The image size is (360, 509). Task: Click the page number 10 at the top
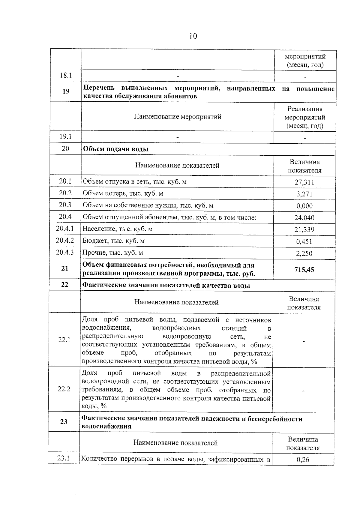coord(193,36)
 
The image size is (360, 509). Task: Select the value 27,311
coord(304,182)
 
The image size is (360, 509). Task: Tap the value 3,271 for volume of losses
coord(304,194)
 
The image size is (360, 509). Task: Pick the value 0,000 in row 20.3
coord(304,206)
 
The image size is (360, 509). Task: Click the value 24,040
coord(304,218)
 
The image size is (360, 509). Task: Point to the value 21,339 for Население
coord(304,230)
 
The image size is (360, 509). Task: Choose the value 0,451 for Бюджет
coord(304,241)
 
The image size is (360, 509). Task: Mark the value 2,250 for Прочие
coord(304,253)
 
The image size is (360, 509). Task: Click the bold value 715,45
coord(304,270)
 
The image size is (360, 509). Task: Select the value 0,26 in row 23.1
coord(303,460)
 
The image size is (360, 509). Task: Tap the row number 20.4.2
coord(65,241)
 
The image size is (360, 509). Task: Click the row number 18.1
coord(66,75)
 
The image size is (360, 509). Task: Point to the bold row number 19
coord(66,91)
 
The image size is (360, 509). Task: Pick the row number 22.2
coord(64,389)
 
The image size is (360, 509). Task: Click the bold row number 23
coord(64,422)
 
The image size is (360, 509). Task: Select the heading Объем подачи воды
coord(115,149)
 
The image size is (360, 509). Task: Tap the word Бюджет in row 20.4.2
coord(92,241)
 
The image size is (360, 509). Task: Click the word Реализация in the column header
coord(305,109)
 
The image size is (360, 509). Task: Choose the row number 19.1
coord(65,136)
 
